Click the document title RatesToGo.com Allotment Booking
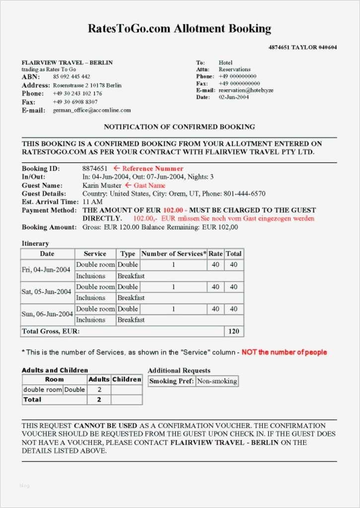coord(179,28)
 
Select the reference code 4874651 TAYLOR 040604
coord(302,48)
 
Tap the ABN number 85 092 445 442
coord(72,77)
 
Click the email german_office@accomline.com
coord(92,110)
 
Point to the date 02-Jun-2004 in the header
coord(234,97)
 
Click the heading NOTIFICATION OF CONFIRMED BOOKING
coord(179,127)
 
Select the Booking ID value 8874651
coord(95,169)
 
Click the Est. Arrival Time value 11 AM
coord(92,202)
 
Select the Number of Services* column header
coord(173,254)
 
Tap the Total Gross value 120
coord(233,331)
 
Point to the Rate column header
coord(216,254)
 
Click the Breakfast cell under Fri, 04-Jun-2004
coord(131,276)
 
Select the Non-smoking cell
coord(217,381)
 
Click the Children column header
coord(127,380)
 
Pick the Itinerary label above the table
coord(35,244)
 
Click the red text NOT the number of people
coord(284,352)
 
